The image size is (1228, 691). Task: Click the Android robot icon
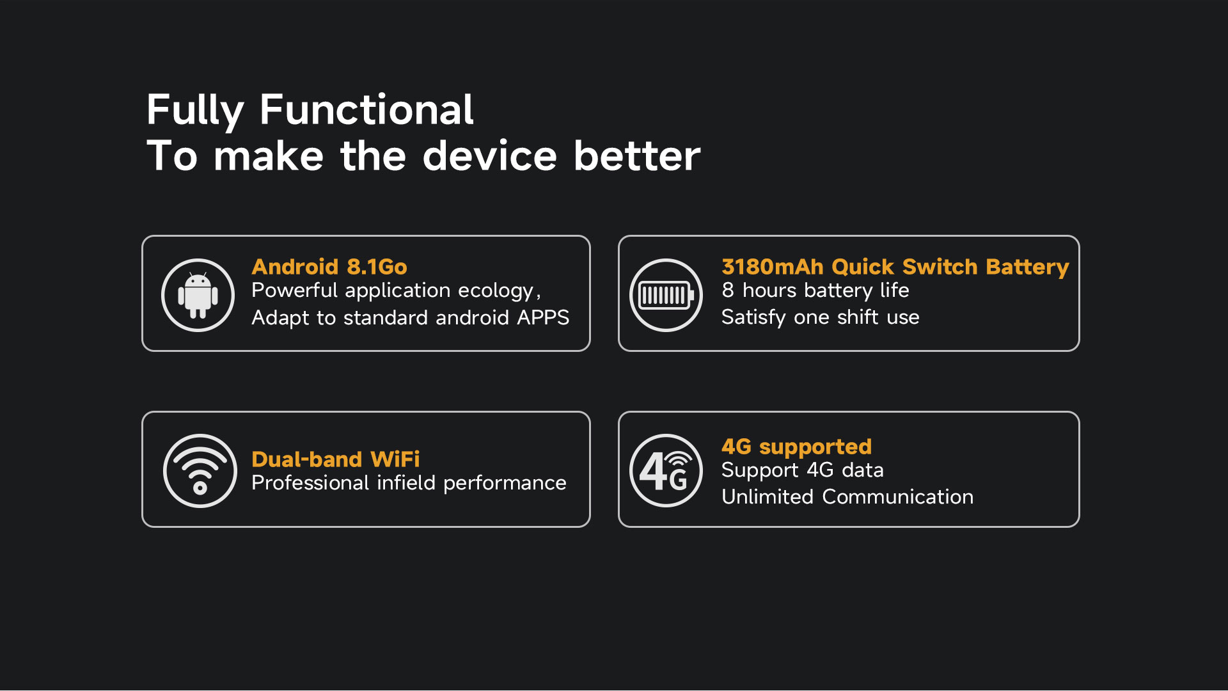198,295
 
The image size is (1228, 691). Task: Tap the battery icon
666,295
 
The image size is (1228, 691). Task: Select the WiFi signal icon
200,471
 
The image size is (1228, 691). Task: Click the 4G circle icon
666,471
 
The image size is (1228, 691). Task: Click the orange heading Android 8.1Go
329,266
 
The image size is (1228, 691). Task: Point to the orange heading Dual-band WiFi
336,459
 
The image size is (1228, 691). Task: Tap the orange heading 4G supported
796,447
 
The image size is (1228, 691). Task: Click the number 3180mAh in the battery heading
773,266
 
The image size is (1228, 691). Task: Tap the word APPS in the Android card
543,317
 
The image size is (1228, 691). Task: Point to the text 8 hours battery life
815,290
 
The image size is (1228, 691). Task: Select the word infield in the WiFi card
405,482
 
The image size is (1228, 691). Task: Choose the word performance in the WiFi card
505,484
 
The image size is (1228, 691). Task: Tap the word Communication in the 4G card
898,496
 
